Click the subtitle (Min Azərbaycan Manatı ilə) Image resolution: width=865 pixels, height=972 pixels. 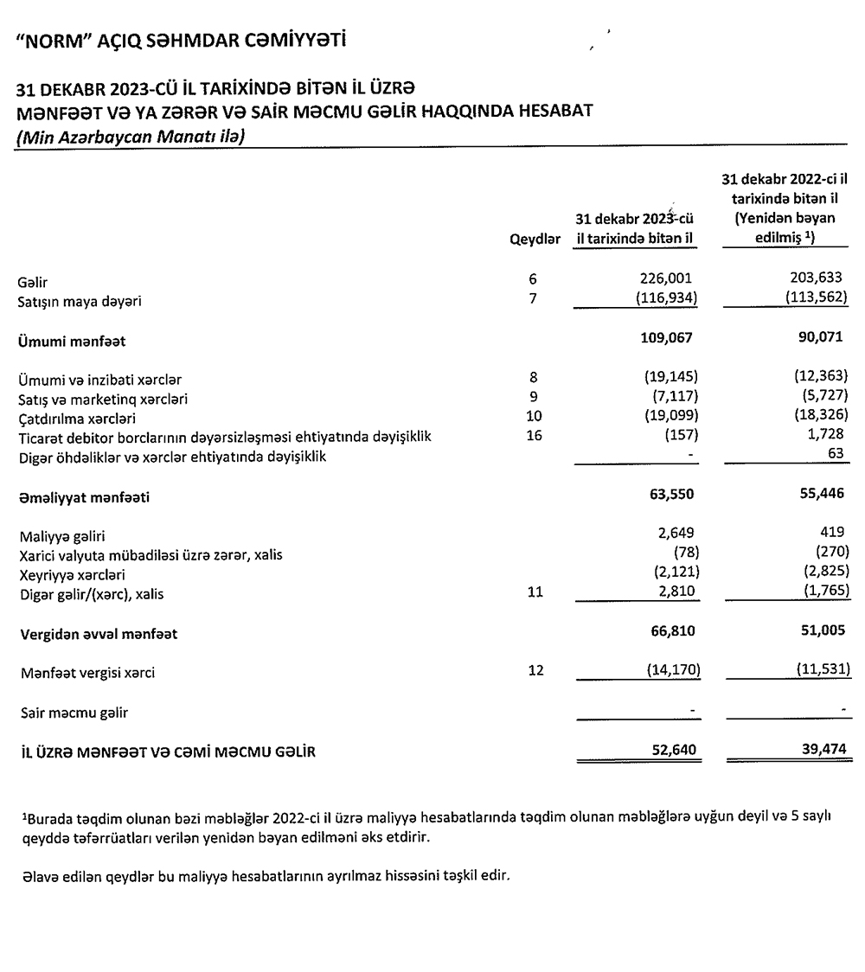coord(126,137)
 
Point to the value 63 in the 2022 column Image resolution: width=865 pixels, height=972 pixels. coord(836,455)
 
